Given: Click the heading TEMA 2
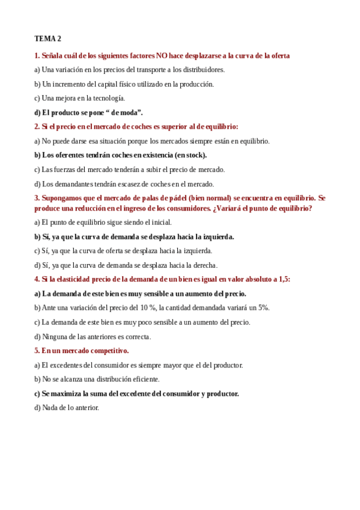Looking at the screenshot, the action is pos(47,38).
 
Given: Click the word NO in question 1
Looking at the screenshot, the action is pos(162,56).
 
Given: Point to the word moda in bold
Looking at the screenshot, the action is pos(128,112).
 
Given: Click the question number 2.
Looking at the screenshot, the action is pos(37,126).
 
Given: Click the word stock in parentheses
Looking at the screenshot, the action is pos(194,155).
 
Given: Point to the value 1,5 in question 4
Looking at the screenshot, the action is pos(282,280).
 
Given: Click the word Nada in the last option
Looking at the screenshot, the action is pos(49,408).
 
